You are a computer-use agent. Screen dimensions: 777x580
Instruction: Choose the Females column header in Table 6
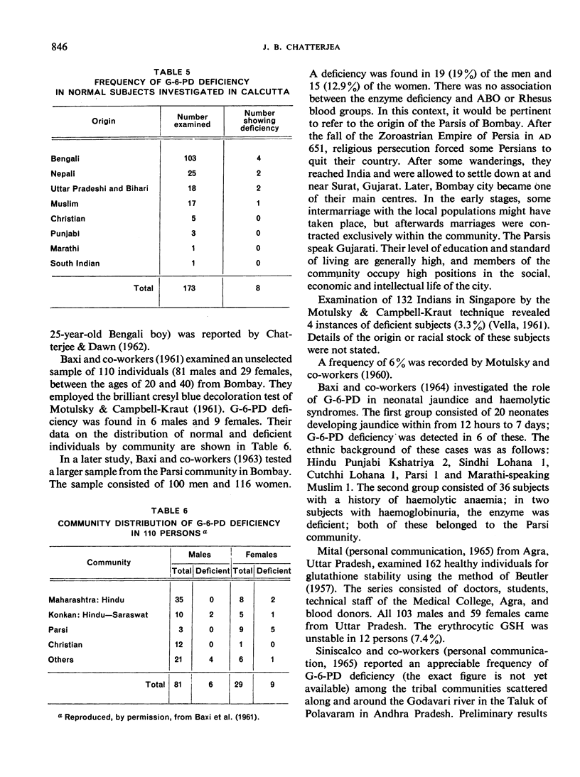click(262, 555)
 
